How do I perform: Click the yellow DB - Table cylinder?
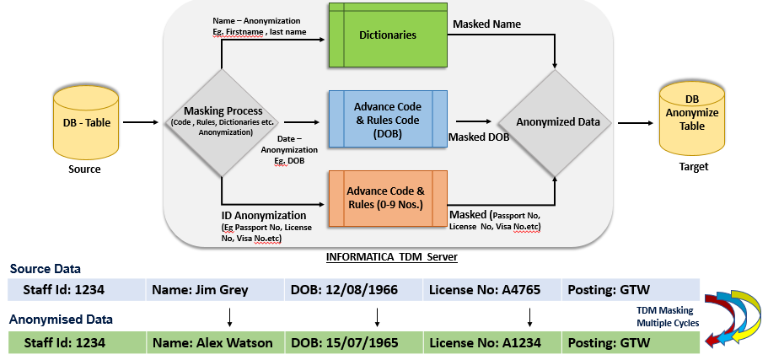[87, 121]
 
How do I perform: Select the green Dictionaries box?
[385, 36]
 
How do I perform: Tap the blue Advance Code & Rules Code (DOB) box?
[385, 119]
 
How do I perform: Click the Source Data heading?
[46, 269]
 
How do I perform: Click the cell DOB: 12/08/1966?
[353, 290]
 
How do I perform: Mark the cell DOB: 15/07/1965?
[353, 343]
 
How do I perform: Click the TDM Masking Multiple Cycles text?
[667, 317]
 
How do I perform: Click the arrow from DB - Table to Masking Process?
[142, 122]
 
